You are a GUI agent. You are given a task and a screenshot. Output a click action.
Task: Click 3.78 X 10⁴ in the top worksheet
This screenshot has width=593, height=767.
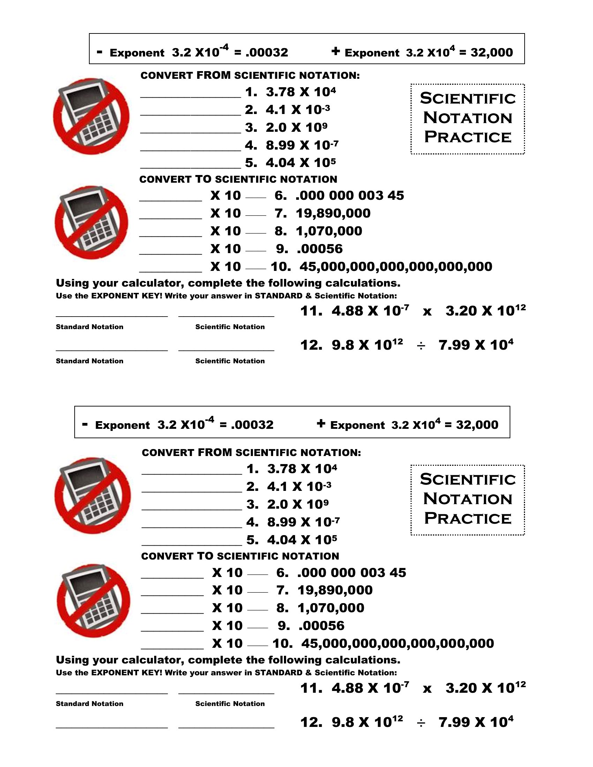click(x=301, y=92)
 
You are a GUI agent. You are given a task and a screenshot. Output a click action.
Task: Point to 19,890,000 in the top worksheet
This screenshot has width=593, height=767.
click(x=333, y=213)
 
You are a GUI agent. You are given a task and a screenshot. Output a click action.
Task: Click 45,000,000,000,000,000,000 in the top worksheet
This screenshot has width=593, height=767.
click(x=396, y=267)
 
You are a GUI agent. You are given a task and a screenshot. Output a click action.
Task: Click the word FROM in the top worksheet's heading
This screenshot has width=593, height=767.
click(x=213, y=75)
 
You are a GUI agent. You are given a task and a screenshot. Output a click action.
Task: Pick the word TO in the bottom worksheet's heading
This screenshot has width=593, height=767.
click(x=205, y=556)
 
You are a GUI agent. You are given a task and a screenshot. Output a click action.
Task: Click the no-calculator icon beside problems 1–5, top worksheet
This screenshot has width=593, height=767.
click(x=91, y=116)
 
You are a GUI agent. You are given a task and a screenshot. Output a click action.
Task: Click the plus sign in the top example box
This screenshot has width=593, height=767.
click(x=336, y=52)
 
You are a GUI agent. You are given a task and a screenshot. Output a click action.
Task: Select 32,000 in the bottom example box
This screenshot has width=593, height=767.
click(x=477, y=425)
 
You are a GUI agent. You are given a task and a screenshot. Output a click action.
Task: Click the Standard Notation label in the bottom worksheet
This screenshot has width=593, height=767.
click(x=90, y=704)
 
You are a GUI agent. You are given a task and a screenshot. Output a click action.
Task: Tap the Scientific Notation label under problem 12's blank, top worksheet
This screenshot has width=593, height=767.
click(x=230, y=361)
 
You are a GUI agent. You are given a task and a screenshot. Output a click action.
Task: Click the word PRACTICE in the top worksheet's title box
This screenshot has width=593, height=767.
click(x=467, y=137)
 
